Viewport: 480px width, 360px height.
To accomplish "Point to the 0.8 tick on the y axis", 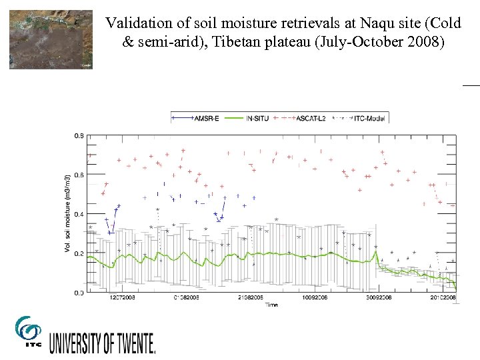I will pos(79,135).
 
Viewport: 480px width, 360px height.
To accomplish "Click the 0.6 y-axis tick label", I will pos(79,175).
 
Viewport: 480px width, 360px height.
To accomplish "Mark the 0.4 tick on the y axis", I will pos(79,214).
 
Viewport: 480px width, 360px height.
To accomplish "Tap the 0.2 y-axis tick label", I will pos(79,253).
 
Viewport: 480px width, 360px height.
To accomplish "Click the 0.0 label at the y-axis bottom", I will pos(79,293).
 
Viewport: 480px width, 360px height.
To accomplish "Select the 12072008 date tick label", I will pos(122,298).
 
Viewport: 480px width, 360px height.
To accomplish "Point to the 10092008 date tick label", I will pos(315,298).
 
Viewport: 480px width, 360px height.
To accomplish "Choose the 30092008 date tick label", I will pos(379,298).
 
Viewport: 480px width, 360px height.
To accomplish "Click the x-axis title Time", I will pos(271,305).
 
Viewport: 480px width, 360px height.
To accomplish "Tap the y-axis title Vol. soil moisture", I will pos(67,213).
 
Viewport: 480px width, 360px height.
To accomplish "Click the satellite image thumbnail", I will pos(51,39).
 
